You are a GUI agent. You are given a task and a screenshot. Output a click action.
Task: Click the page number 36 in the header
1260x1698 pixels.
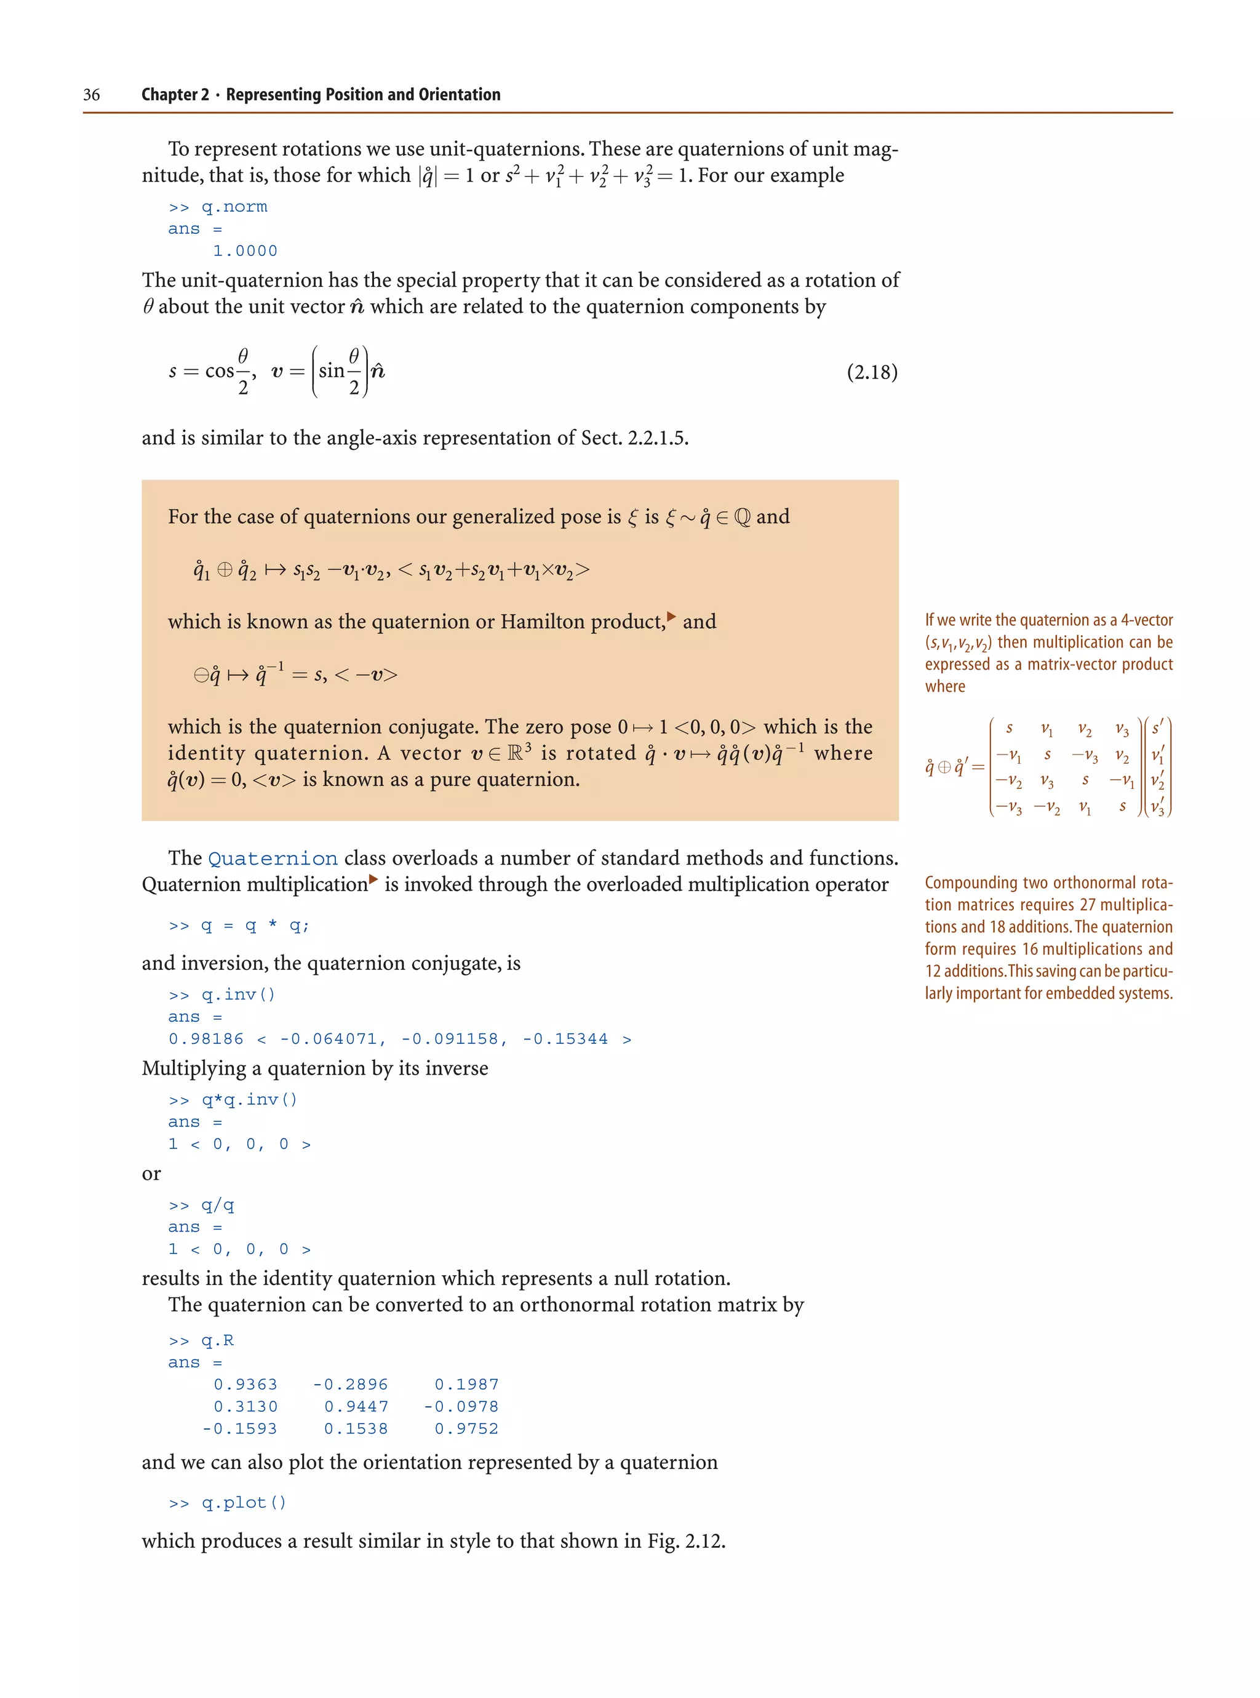[x=92, y=95]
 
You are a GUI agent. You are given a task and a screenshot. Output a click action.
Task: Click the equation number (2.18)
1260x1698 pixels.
[x=872, y=372]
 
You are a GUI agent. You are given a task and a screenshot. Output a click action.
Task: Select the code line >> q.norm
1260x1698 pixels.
[x=218, y=207]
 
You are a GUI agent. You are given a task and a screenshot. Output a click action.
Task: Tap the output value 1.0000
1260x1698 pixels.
[x=245, y=251]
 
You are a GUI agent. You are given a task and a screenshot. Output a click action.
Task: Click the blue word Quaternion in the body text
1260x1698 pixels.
[x=273, y=859]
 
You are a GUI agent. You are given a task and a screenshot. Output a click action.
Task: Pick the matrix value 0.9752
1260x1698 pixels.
[x=466, y=1428]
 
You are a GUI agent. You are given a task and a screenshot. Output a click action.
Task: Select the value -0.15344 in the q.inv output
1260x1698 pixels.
[x=565, y=1039]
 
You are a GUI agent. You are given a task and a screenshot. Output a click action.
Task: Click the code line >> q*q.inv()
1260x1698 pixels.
[x=233, y=1100]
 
